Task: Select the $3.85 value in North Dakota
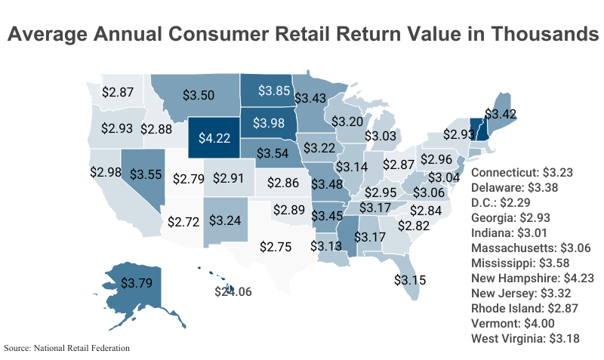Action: pos(274,90)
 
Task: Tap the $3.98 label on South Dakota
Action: pos(269,122)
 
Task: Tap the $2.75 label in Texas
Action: pos(276,246)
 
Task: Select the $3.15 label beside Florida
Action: pos(410,279)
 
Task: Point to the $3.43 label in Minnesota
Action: pos(310,98)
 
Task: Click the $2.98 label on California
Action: pos(105,172)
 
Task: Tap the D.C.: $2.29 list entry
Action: pos(502,202)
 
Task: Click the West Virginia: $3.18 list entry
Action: pos(525,338)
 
